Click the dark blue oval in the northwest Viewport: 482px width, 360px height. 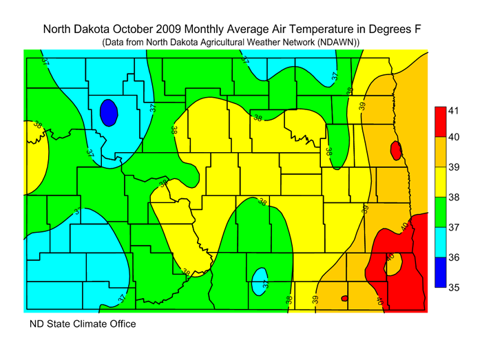coord(107,112)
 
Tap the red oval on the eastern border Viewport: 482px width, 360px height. coord(395,150)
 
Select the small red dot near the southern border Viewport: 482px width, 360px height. coord(344,298)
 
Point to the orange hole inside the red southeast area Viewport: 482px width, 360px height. coord(396,266)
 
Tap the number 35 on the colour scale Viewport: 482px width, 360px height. coord(454,288)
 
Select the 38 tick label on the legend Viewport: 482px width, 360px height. coord(454,198)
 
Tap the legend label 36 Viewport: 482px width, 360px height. coord(454,258)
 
